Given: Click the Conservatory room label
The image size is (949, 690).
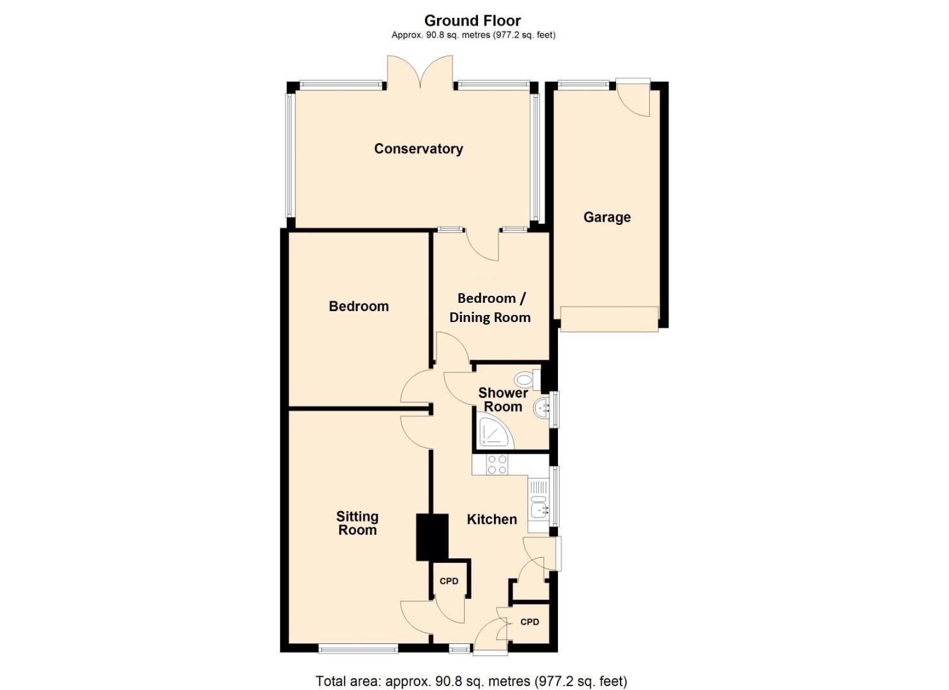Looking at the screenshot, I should click(419, 149).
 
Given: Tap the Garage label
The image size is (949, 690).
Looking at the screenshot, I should click(606, 217).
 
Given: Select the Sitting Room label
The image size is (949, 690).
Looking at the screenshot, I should click(357, 523).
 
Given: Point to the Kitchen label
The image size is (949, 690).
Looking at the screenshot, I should click(491, 519).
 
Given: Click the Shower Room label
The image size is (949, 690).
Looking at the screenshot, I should click(503, 400).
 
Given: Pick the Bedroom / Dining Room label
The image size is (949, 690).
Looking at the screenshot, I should click(490, 308).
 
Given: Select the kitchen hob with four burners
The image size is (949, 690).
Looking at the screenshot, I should click(497, 464).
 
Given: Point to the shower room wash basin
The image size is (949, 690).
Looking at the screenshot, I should click(542, 407).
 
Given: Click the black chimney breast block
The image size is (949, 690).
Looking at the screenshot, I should click(432, 537).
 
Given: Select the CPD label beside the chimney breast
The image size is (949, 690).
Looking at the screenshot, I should click(449, 581).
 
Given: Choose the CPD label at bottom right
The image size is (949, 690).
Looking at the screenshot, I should click(530, 622).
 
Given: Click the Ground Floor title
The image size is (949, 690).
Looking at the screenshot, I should click(473, 21).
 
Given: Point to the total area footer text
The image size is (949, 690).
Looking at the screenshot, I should click(472, 681).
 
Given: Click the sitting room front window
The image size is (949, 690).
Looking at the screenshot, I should click(358, 650).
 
